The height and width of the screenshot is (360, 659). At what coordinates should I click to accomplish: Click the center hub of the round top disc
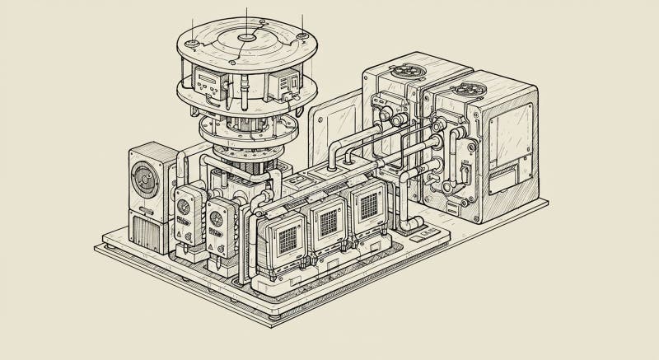pos(246,38)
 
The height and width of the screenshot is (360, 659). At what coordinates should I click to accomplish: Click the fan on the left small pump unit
pos(184,207)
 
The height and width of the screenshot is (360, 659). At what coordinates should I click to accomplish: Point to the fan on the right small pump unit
pos(217,218)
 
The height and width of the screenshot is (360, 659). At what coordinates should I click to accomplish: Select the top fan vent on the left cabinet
pos(405,71)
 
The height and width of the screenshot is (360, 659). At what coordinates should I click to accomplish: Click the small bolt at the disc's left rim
pos(191,42)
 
